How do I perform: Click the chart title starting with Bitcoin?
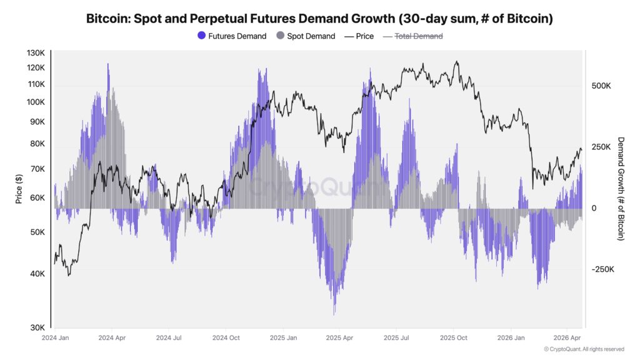(319, 19)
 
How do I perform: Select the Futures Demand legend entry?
(240, 36)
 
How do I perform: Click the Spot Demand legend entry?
(311, 36)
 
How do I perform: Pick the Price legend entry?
(364, 36)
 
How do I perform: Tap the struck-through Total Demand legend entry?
(418, 36)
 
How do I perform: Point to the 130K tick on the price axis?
(36, 54)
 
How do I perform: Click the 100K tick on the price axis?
(36, 102)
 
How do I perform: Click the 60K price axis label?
(37, 198)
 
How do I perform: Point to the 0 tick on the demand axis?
(594, 208)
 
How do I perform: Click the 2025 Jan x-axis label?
(282, 338)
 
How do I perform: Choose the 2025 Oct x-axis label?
(453, 338)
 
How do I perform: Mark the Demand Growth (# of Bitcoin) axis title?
(621, 188)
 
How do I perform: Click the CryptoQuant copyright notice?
(584, 349)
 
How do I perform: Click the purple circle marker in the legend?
(201, 36)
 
